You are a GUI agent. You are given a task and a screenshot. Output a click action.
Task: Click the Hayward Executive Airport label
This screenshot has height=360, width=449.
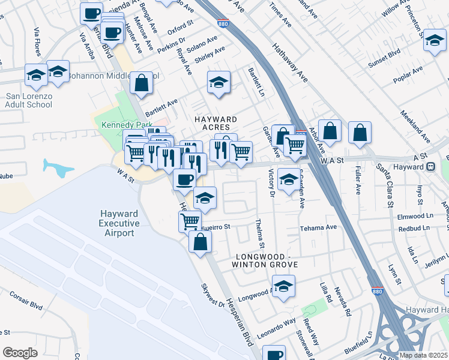tap(119, 224)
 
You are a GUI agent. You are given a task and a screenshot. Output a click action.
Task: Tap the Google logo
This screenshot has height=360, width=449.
tap(20, 352)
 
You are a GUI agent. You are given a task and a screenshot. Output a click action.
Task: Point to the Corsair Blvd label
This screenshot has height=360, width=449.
tap(26, 300)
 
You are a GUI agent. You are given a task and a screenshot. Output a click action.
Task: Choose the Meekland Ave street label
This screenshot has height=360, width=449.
tap(415, 125)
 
